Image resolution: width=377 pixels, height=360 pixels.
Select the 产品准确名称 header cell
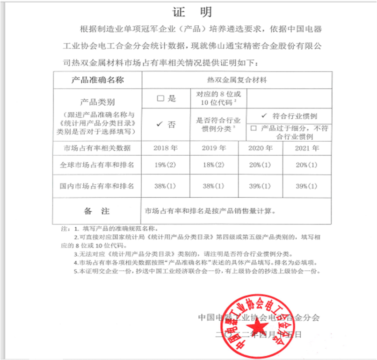(97, 80)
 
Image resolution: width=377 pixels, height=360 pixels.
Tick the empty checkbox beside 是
(160, 99)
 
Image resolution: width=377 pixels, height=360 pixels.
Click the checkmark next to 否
(159, 124)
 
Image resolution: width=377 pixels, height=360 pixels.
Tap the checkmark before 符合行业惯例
(264, 115)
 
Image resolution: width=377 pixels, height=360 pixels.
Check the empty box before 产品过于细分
(254, 129)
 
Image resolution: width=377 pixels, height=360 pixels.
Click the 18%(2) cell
(213, 165)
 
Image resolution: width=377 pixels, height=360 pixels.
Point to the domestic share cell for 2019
(213, 186)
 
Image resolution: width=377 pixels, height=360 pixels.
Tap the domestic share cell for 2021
(307, 186)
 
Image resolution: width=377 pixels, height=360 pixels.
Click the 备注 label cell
(97, 211)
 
